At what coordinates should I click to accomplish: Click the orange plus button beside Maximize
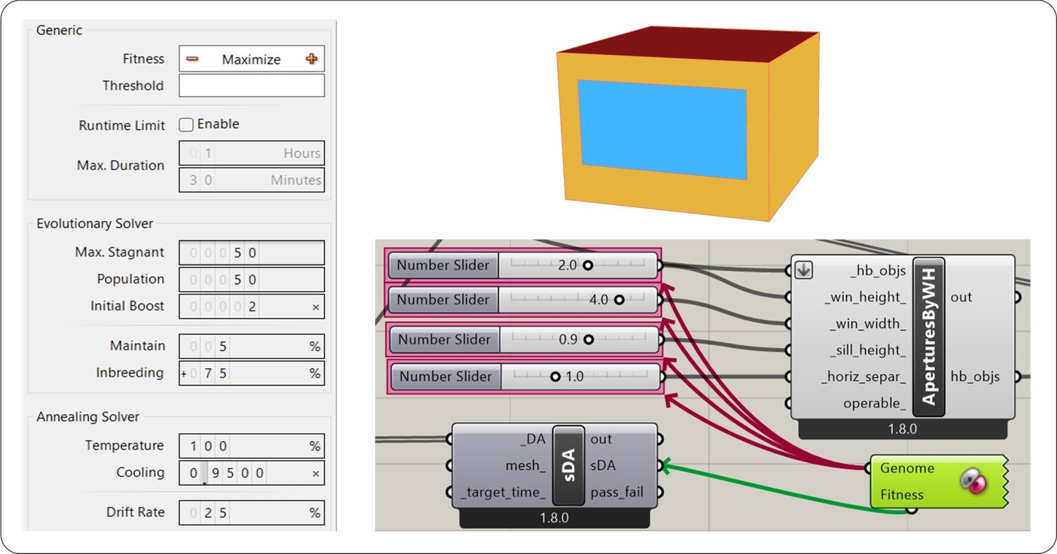coord(312,59)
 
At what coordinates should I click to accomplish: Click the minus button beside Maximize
coord(192,59)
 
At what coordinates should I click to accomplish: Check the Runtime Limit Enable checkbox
coord(186,124)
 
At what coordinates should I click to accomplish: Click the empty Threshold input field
coord(251,85)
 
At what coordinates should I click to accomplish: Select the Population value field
coord(251,280)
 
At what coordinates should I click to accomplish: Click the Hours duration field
coord(251,153)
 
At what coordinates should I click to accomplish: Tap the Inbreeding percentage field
coord(251,374)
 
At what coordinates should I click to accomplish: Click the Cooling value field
coord(251,473)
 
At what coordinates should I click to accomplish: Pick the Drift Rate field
coord(251,513)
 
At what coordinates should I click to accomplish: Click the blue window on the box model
coord(662,130)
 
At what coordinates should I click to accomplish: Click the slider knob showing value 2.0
coord(587,265)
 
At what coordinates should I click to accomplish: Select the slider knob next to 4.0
coord(619,299)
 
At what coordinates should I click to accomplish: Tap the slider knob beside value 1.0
coord(556,376)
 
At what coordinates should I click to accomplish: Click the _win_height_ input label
coord(865,297)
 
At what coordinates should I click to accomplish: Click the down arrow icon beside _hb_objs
coord(803,270)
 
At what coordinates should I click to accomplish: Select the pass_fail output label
coord(616,492)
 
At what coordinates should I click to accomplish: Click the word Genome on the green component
coord(907,468)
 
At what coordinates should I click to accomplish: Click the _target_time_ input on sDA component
coord(503,492)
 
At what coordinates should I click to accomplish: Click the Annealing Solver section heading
coord(88,416)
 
